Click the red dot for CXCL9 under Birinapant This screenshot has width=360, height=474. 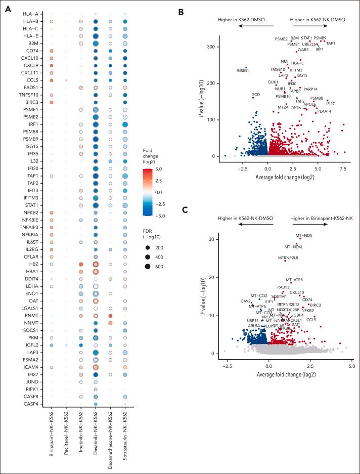pos(51,65)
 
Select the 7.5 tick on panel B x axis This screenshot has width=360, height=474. pos(343,164)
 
